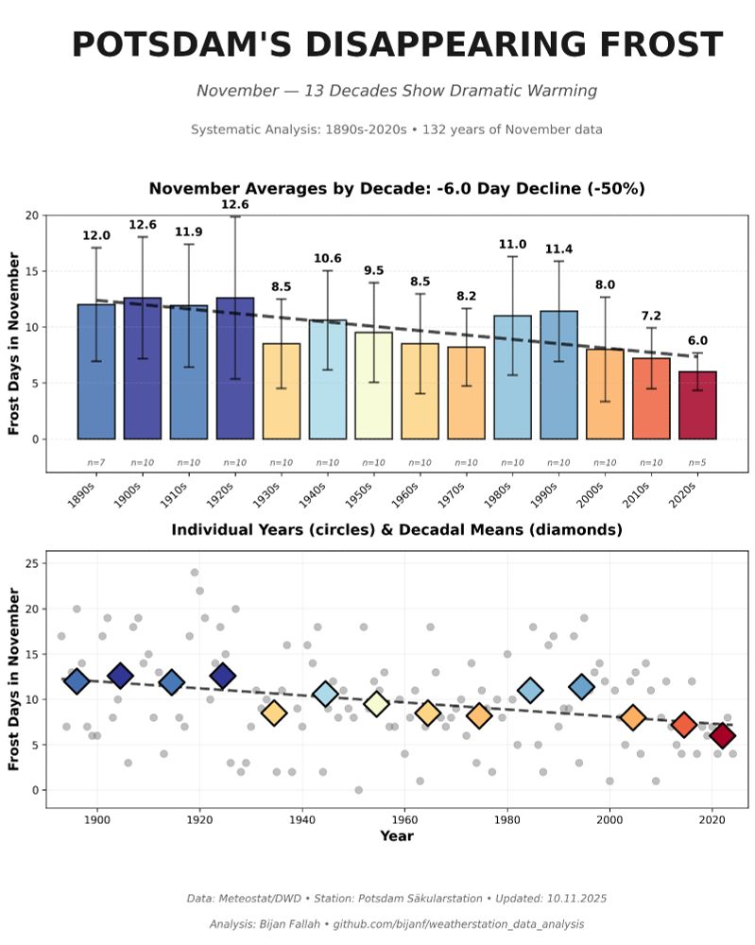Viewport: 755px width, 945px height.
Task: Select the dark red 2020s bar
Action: pyautogui.click(x=697, y=405)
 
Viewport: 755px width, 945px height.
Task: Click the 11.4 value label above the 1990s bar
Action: pyautogui.click(x=558, y=249)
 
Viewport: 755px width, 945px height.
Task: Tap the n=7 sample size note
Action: pyautogui.click(x=96, y=463)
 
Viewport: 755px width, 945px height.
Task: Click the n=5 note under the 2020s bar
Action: pyautogui.click(x=696, y=463)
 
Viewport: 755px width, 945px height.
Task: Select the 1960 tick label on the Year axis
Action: pyautogui.click(x=404, y=820)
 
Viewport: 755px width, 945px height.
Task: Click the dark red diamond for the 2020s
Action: pyautogui.click(x=723, y=735)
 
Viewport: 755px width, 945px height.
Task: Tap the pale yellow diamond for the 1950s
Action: pyautogui.click(x=377, y=703)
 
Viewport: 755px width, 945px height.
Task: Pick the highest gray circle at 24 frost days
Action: pyautogui.click(x=195, y=573)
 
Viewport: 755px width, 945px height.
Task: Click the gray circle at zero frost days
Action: pyautogui.click(x=358, y=790)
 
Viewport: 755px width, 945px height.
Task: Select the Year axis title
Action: pyautogui.click(x=397, y=836)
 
